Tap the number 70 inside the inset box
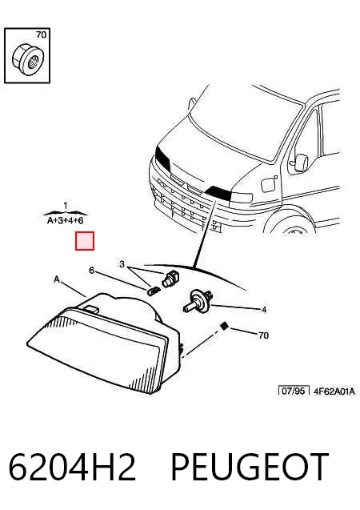[42, 34]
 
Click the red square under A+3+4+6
[85, 241]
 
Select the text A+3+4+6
[66, 220]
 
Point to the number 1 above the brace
[66, 206]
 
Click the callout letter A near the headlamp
[57, 279]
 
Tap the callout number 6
[92, 271]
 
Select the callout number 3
[122, 264]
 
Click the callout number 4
[264, 310]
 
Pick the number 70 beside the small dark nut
[263, 335]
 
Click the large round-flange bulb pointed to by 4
[198, 301]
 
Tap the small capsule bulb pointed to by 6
[154, 291]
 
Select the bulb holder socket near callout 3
[170, 279]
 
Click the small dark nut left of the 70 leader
[223, 326]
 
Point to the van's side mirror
[301, 163]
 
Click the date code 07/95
[294, 391]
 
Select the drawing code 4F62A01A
[334, 391]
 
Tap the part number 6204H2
[72, 467]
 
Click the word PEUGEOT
[250, 467]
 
